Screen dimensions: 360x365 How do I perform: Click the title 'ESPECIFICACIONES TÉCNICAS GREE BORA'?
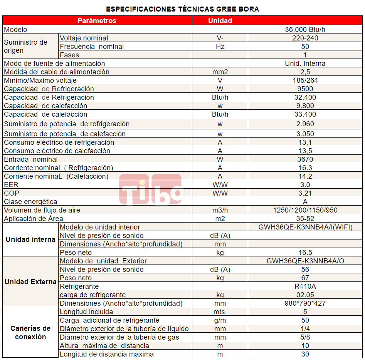[182, 9]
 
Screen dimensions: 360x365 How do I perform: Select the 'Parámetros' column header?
[97, 21]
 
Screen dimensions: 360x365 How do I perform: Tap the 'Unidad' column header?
[220, 21]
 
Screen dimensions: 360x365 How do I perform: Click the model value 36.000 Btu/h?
[305, 30]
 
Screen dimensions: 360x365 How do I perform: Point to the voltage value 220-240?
[305, 38]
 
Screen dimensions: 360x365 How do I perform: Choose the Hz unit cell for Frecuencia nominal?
[220, 47]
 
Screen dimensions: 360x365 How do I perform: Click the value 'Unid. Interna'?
[305, 64]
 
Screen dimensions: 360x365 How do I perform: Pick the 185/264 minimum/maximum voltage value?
[305, 80]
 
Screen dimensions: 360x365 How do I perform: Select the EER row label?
[11, 185]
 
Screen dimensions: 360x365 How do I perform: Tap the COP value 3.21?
[305, 193]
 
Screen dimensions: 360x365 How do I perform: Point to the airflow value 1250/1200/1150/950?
[305, 210]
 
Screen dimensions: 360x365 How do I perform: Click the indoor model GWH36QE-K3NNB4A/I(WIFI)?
[305, 227]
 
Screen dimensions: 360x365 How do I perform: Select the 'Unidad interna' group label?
[30, 239]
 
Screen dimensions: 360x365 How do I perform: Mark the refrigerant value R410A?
[305, 286]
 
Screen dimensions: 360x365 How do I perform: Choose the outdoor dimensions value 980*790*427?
[305, 303]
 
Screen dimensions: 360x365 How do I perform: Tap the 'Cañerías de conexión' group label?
[30, 333]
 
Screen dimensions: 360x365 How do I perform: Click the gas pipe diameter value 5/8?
[305, 337]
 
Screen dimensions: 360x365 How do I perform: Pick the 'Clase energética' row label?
[30, 202]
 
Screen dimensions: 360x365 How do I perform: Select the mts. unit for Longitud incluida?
[220, 312]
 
